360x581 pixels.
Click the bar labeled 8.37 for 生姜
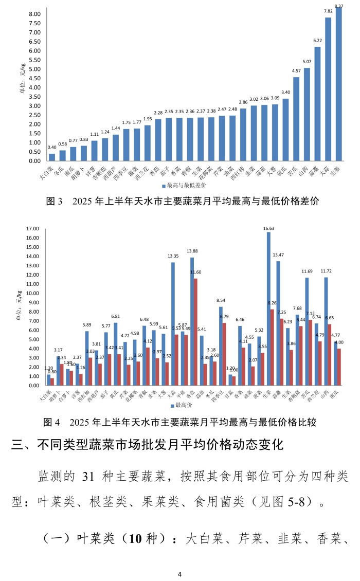pos(338,85)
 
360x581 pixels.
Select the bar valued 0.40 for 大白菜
pos(51,157)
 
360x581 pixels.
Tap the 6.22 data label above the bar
pos(317,41)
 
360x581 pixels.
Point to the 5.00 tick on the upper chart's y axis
pos(33,69)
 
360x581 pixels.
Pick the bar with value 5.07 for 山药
pos(307,115)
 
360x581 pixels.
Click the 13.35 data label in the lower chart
pos(173,256)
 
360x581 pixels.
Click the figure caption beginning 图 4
pos(178,422)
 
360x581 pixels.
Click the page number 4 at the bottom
pos(179,574)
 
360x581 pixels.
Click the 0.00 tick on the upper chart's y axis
pos(33,161)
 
